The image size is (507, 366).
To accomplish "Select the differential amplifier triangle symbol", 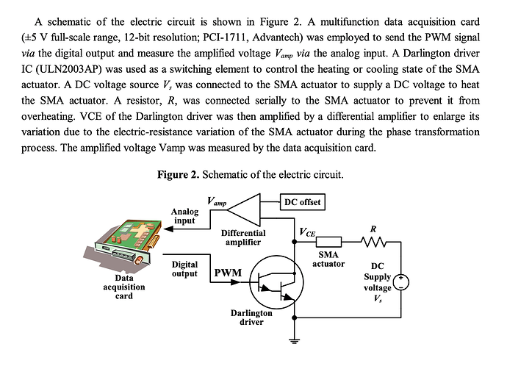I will (x=243, y=210).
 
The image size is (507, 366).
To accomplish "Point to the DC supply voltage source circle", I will (x=402, y=282).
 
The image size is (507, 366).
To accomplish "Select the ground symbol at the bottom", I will (x=295, y=340).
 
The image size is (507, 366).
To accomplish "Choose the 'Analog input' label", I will (x=184, y=216).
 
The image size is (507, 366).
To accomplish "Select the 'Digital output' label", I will (x=184, y=268).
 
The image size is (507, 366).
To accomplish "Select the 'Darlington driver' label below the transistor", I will (x=251, y=317).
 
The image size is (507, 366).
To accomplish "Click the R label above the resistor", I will (x=373, y=229).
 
